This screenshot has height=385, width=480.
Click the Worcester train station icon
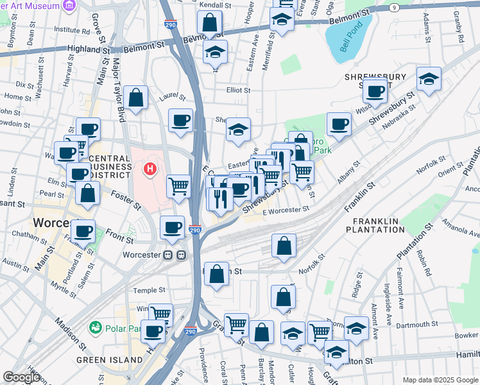[174, 255]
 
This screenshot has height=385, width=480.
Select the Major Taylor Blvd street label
[118, 90]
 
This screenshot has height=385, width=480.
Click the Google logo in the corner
[22, 377]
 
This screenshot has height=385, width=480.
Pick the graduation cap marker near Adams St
[429, 79]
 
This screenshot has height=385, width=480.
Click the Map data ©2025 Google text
[440, 380]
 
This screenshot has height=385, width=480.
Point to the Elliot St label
[238, 90]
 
